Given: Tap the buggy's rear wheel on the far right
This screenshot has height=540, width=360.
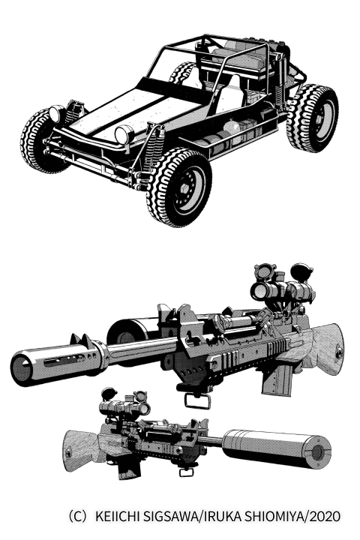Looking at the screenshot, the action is (x=313, y=118).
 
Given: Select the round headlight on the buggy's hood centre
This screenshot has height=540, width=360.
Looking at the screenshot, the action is (x=124, y=134).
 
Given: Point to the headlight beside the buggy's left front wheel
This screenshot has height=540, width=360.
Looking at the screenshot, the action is (x=55, y=114).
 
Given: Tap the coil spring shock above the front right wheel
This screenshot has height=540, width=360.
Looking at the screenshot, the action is (x=153, y=148).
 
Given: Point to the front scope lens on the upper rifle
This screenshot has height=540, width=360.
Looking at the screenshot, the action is (x=259, y=291).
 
